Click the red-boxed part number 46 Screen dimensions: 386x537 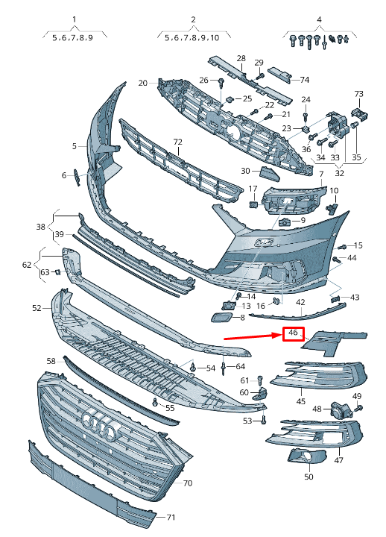293,333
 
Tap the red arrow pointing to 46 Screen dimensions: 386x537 253,336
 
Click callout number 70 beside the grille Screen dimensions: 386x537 188,483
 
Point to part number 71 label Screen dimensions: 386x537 170,517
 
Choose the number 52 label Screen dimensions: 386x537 37,308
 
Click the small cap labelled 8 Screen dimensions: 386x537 221,318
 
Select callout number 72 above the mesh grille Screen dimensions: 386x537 178,142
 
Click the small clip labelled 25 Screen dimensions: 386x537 230,99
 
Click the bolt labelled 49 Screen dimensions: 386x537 359,408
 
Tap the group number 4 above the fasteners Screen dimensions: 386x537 319,19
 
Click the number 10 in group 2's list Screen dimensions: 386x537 215,38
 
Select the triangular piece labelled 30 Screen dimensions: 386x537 270,174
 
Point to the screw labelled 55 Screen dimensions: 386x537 156,402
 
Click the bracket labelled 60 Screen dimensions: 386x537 261,394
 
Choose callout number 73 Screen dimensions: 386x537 358,94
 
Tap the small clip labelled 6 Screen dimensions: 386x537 77,177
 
